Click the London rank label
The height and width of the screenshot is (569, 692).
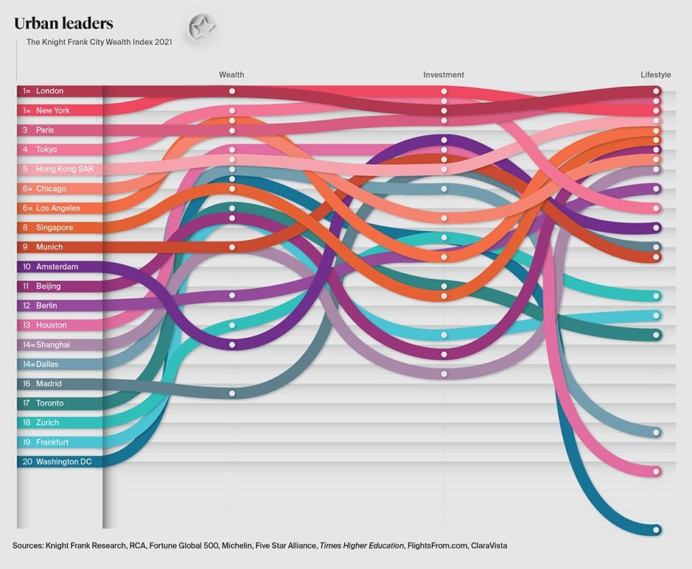[x=49, y=91]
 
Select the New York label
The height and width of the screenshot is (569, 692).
[x=52, y=110]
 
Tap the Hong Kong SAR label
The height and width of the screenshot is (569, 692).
[x=64, y=169]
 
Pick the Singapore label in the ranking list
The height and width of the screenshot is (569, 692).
[x=55, y=228]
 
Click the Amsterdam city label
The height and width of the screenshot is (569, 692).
[x=57, y=267]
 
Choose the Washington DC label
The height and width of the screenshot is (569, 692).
[x=69, y=462]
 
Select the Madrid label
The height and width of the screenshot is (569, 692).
[x=49, y=384]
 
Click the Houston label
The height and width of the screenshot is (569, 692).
[x=51, y=325]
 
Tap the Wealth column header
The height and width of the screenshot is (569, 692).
[x=231, y=75]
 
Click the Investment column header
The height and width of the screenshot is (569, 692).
[x=444, y=75]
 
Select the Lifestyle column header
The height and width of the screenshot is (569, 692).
[x=655, y=75]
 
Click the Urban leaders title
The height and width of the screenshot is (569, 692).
[x=63, y=24]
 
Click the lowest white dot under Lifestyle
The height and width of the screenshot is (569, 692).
[x=657, y=530]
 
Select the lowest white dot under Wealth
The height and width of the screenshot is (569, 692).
[x=232, y=394]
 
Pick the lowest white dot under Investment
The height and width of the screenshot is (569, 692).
[x=444, y=374]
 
